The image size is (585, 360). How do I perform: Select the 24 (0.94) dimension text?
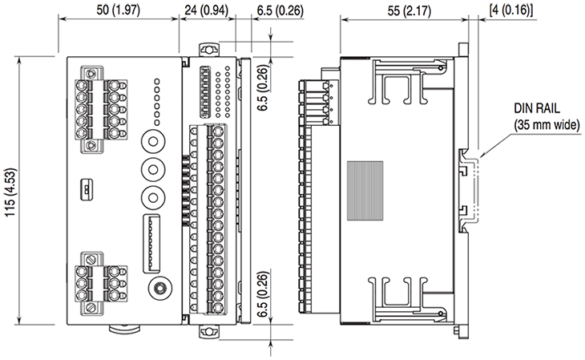pyautogui.click(x=204, y=10)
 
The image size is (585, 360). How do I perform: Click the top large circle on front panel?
pyautogui.click(x=152, y=140)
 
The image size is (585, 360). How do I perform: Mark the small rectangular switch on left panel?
pyautogui.click(x=84, y=190)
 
